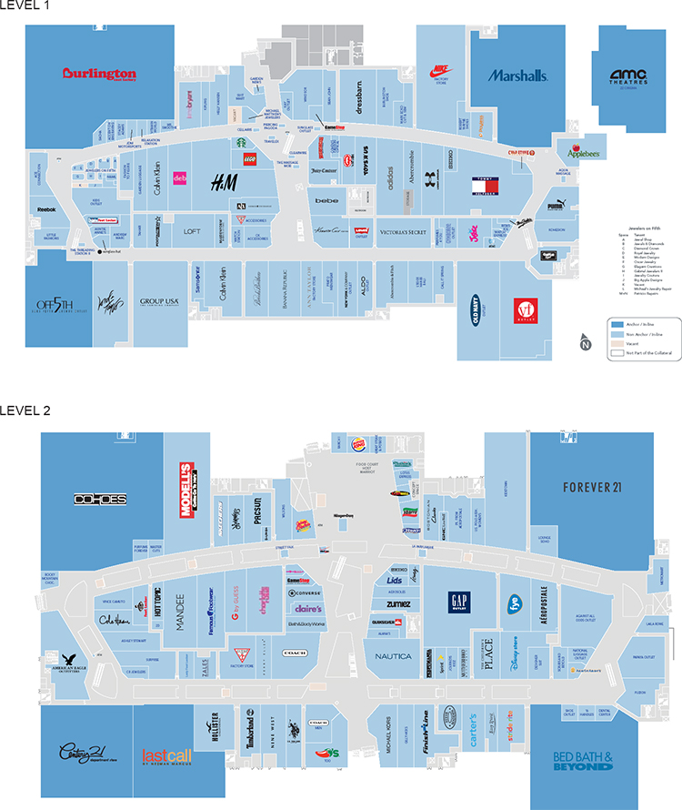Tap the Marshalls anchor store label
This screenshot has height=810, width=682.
click(517, 76)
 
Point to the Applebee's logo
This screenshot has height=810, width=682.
click(584, 153)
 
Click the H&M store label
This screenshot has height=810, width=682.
click(225, 183)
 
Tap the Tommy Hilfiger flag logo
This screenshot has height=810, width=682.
click(483, 187)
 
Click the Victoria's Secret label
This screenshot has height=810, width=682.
click(403, 232)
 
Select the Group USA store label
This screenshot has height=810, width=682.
click(157, 301)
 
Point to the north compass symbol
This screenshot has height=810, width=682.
click(585, 342)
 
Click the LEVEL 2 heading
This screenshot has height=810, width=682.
click(25, 410)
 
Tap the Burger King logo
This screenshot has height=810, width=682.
click(358, 444)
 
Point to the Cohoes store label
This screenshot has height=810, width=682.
click(100, 500)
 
